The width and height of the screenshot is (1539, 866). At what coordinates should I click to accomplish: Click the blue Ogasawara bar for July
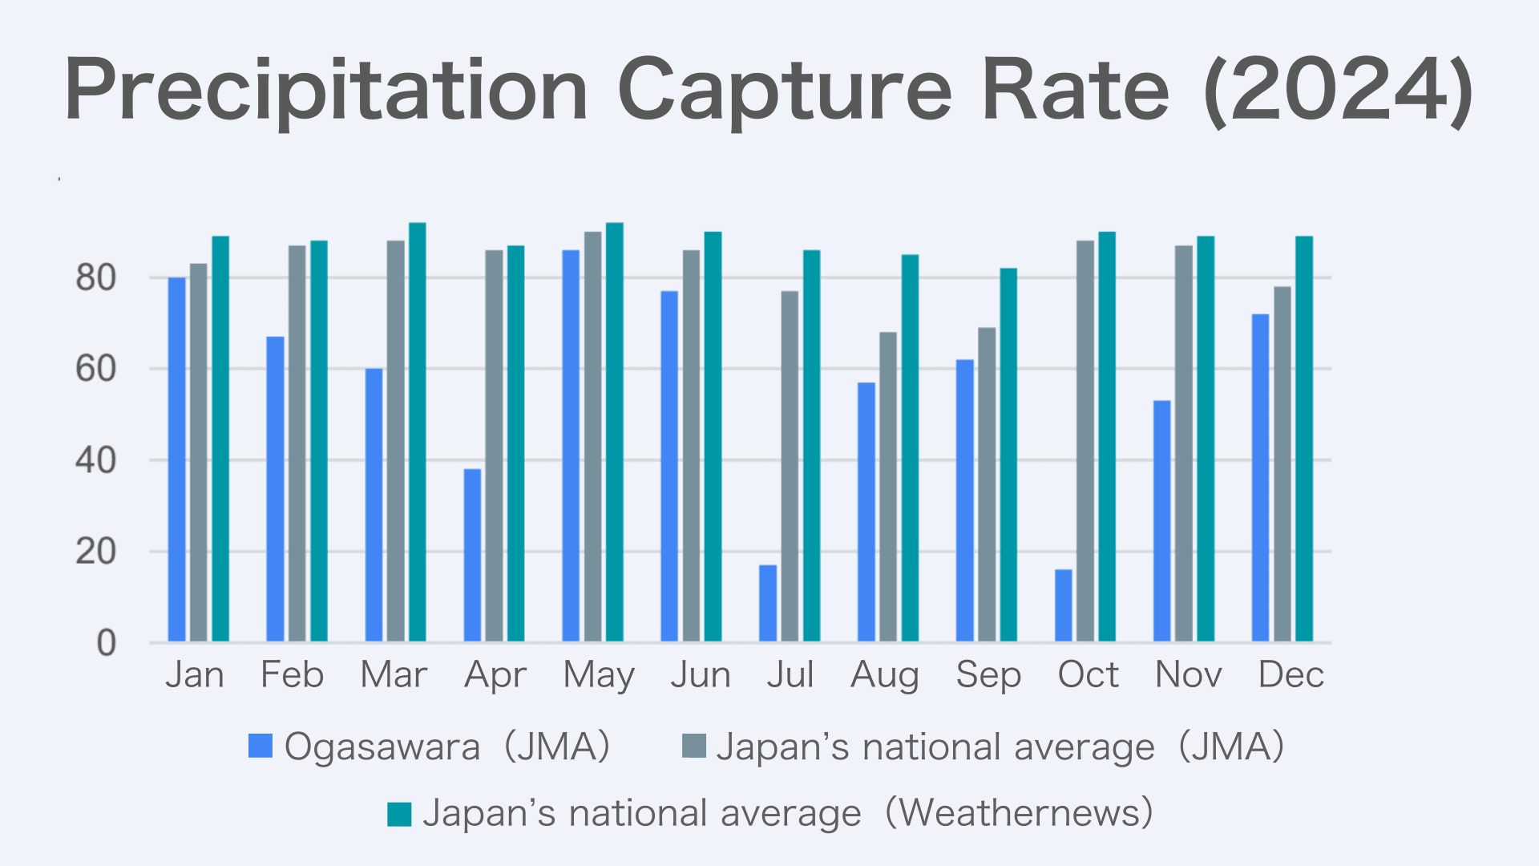[768, 603]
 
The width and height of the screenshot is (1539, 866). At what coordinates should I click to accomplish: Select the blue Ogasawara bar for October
[1064, 605]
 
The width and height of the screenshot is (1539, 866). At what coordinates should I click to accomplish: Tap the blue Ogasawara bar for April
[472, 555]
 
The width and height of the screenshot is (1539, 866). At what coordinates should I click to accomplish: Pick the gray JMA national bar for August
[888, 487]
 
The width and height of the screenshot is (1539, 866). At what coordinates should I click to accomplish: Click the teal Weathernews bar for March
[418, 432]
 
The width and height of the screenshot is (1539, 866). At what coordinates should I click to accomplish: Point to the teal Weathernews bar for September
[1008, 455]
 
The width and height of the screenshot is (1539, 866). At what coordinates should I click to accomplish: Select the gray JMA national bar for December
[1282, 464]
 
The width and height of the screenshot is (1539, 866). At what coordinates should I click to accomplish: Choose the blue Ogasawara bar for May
[571, 446]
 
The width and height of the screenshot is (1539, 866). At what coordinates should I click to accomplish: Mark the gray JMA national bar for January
[199, 453]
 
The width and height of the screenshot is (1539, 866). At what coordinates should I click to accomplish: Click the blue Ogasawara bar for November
[1162, 521]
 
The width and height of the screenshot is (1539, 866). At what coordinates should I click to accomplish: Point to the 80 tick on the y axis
[95, 278]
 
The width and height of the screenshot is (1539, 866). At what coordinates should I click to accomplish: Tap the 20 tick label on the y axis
[95, 552]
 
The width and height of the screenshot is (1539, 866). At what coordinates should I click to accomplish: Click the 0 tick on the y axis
[106, 643]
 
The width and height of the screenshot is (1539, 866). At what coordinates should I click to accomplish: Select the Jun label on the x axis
[701, 675]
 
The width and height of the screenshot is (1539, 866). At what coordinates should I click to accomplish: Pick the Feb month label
[292, 675]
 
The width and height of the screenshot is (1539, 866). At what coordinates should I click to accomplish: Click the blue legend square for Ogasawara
[261, 746]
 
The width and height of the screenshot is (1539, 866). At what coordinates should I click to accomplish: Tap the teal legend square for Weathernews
[399, 814]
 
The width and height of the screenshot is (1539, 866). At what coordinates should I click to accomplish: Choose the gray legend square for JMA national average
[693, 746]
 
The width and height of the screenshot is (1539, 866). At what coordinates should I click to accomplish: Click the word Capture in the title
[784, 90]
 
